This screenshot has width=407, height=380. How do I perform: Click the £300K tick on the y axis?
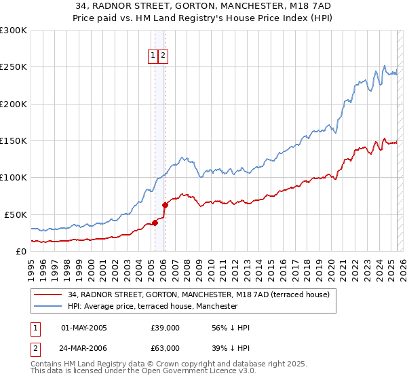tap(13, 31)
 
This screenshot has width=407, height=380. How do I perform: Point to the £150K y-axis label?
tap(13, 141)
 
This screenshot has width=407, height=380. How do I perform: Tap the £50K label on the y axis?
tap(16, 214)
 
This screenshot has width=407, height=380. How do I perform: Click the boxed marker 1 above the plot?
tap(153, 56)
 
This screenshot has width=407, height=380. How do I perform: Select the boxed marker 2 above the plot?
tap(163, 56)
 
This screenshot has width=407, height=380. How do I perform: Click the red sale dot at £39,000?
tap(155, 222)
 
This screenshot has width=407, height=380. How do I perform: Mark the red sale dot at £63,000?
tap(165, 204)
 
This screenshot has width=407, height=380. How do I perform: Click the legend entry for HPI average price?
tap(153, 306)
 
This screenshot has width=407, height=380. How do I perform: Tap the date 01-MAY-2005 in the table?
tap(84, 328)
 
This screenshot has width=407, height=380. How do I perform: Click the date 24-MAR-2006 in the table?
tap(84, 348)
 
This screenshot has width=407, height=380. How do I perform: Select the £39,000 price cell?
tap(165, 328)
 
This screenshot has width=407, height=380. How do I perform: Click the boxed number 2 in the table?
tap(35, 348)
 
